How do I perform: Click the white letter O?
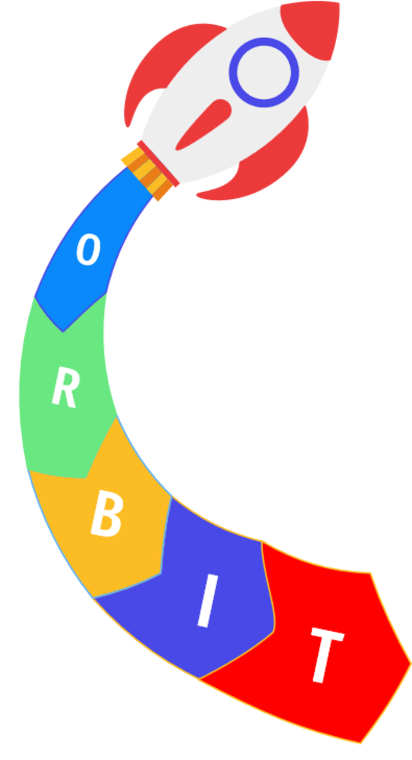point(88,250)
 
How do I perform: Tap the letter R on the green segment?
point(65,389)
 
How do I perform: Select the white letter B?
point(107,515)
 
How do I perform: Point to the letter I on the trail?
point(208,601)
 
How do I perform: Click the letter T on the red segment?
point(325,654)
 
